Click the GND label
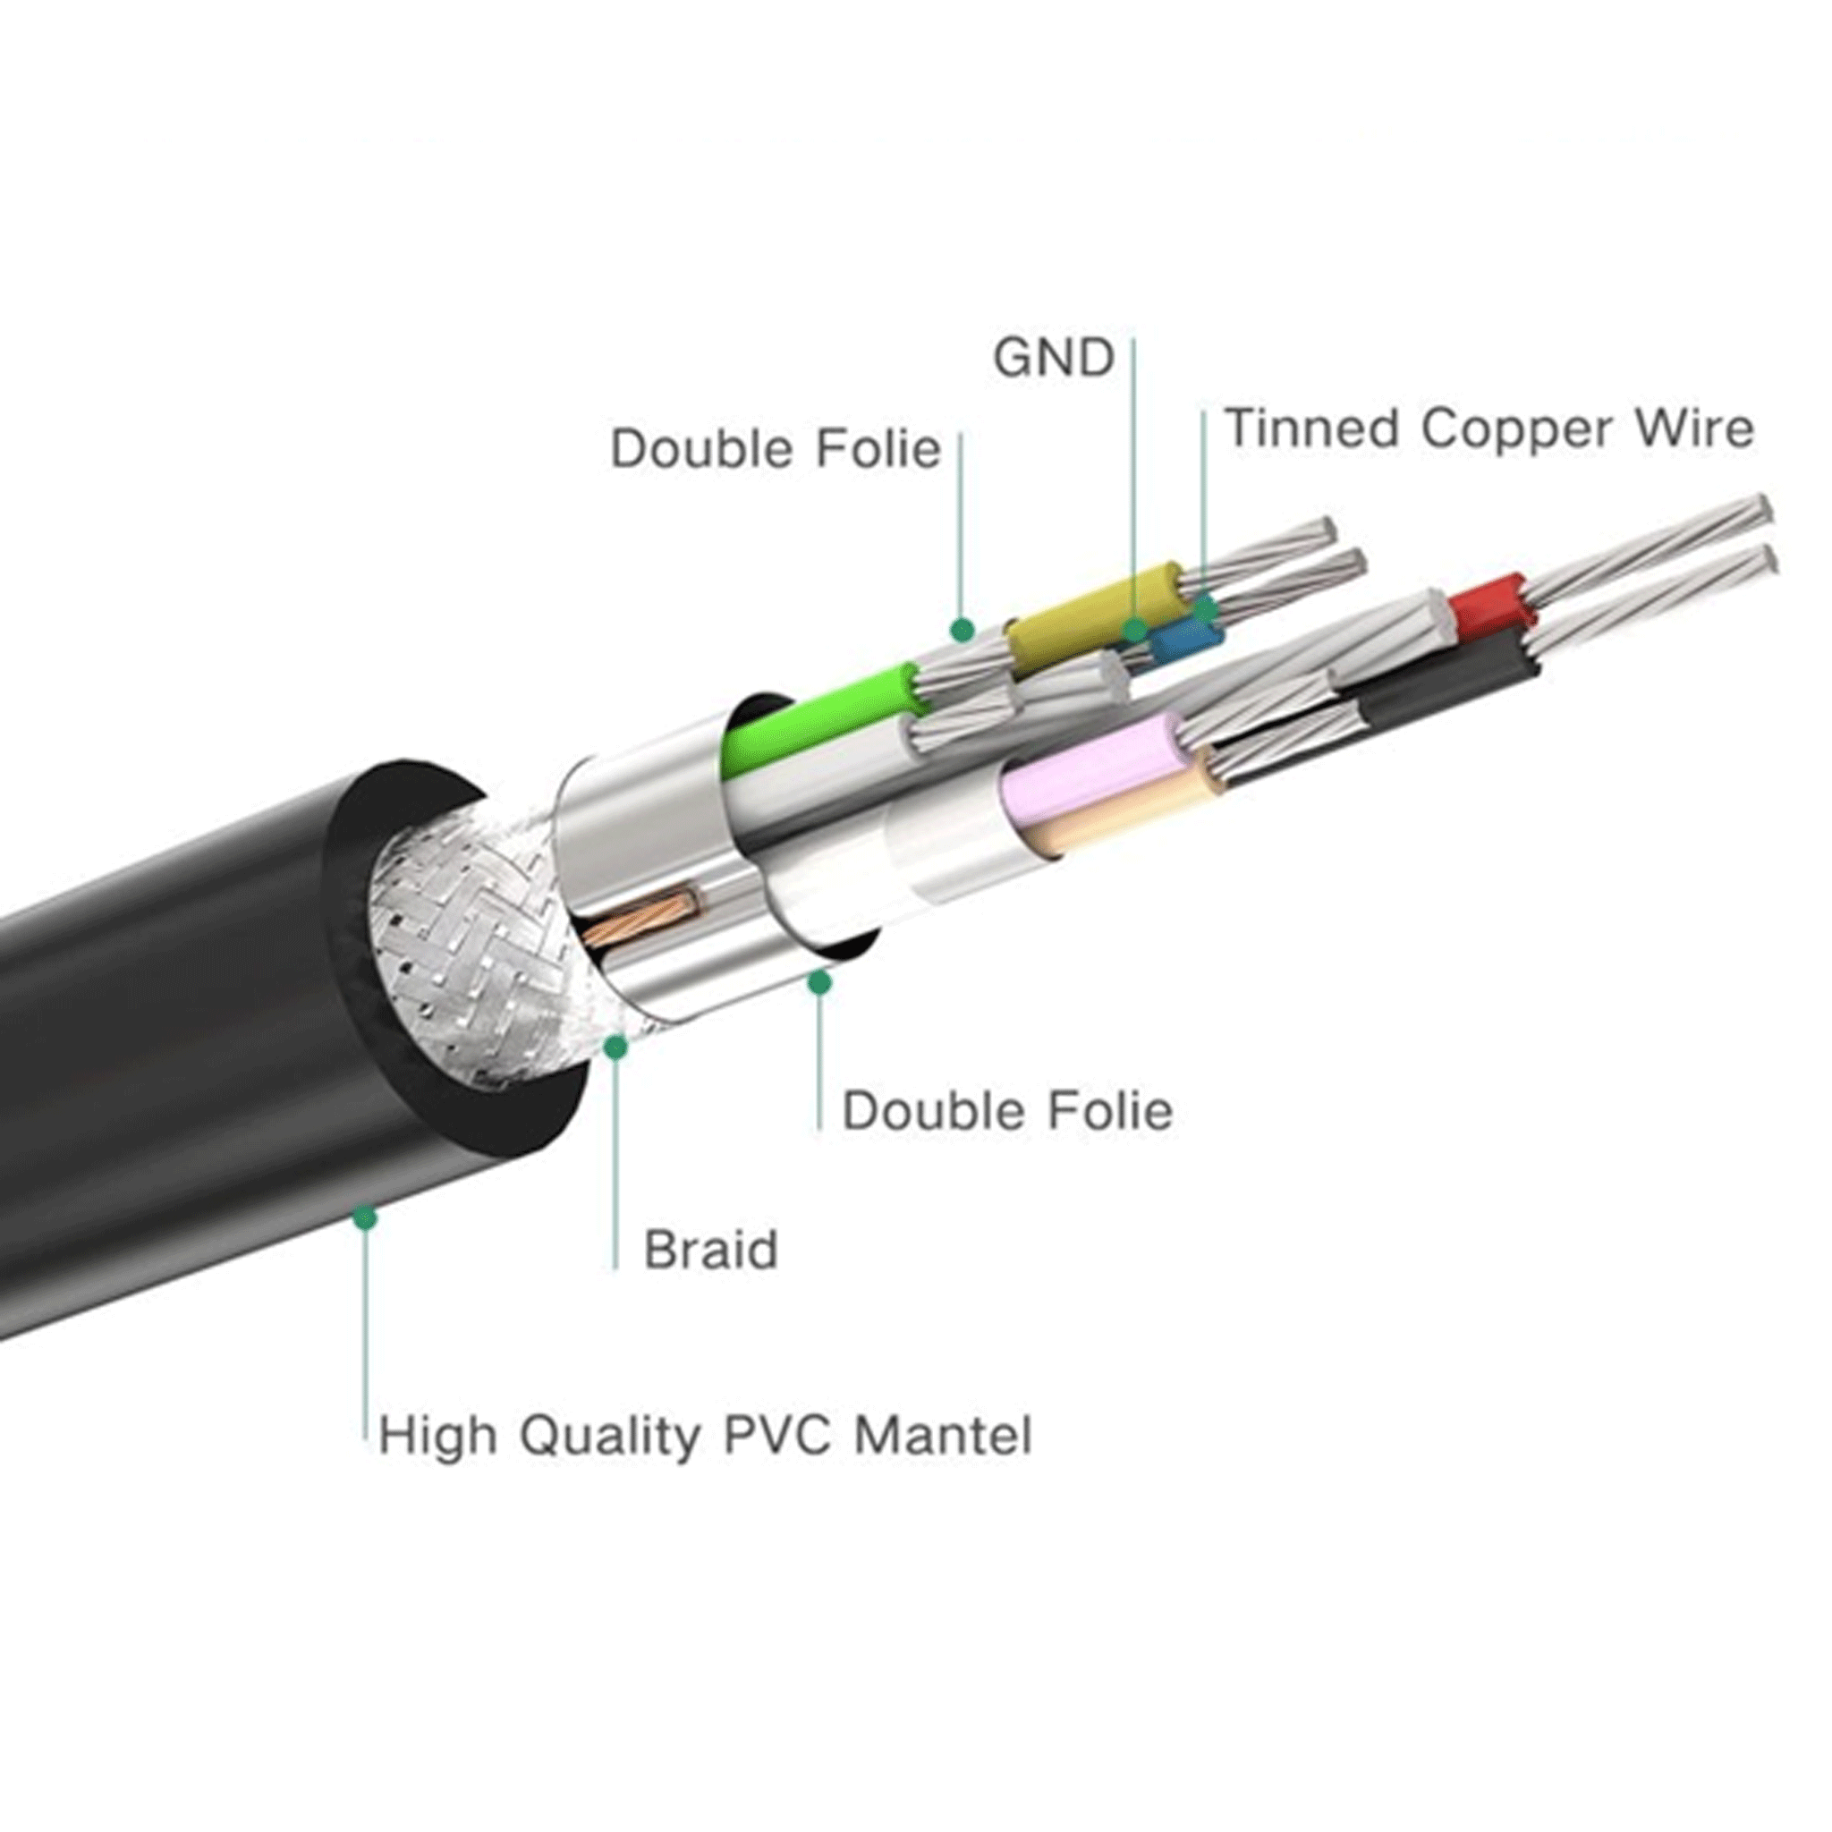pyautogui.click(x=1053, y=359)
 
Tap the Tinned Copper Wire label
pyautogui.click(x=1488, y=428)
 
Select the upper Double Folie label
pyautogui.click(x=776, y=448)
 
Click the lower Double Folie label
pyautogui.click(x=1007, y=1110)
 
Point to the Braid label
pyautogui.click(x=710, y=1250)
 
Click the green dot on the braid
pyautogui.click(x=616, y=1047)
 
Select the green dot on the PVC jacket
pyautogui.click(x=364, y=1217)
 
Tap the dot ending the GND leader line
pyautogui.click(x=1135, y=630)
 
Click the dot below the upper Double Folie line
pyautogui.click(x=963, y=629)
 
